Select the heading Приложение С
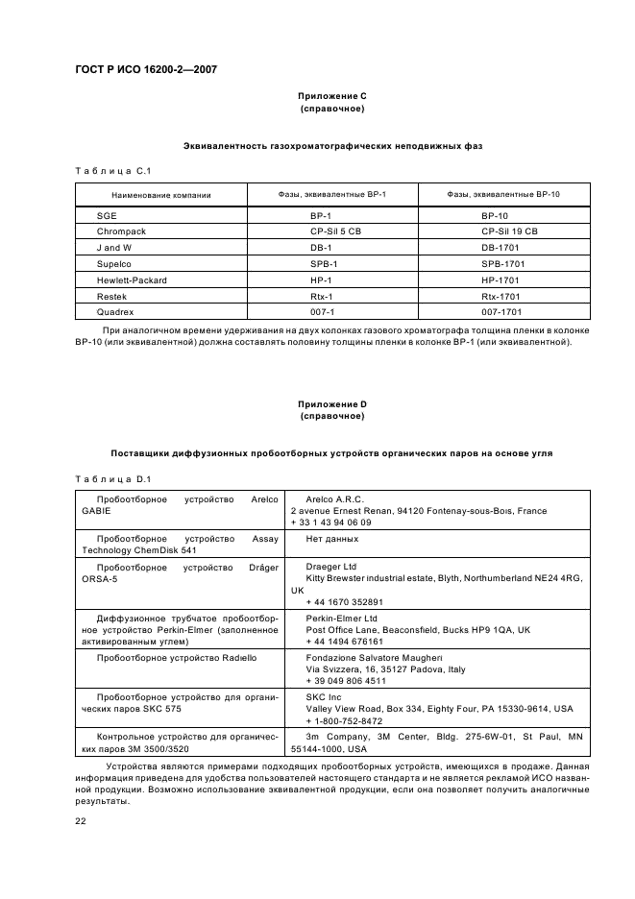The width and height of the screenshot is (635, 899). point(331,96)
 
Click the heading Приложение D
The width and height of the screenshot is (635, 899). point(331,404)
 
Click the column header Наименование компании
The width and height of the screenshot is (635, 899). point(159,195)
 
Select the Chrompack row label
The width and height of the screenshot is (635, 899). point(120,231)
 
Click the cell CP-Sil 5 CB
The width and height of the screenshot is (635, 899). point(334,231)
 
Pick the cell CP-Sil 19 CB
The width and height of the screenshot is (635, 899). point(509,231)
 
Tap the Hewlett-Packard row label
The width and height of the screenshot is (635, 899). point(133,279)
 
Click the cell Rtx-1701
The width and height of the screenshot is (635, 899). point(501,296)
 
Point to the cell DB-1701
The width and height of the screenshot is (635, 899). point(501,248)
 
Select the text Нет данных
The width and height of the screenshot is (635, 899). point(331,540)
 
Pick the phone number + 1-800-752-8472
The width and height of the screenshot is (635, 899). point(344,720)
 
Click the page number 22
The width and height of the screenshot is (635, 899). point(81,819)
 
